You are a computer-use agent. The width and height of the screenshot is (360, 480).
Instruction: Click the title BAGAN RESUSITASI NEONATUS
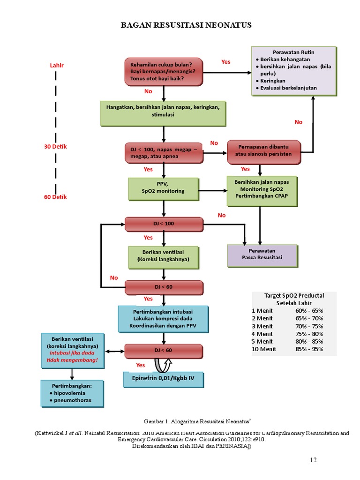coord(186,25)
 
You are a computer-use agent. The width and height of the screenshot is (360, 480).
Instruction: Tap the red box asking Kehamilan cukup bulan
coord(164,71)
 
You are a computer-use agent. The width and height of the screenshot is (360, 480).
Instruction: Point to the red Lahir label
coord(57,65)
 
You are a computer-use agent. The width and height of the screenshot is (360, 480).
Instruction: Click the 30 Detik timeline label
coord(55,147)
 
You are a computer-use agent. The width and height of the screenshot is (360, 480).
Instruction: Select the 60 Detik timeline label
coord(55,197)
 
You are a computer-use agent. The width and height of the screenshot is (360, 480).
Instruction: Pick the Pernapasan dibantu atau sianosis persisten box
coord(263,150)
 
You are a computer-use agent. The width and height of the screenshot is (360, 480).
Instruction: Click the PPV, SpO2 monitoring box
coord(163,187)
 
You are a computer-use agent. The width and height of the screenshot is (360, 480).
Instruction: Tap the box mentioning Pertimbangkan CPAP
coord(262,191)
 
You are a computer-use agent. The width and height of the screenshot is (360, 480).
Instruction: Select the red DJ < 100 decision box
coord(164,224)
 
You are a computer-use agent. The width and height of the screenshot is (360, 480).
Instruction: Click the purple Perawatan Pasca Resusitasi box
coord(262,254)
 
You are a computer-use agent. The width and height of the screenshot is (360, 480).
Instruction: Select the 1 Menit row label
coord(262,310)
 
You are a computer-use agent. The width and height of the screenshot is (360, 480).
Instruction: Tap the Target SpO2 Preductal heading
coord(294,299)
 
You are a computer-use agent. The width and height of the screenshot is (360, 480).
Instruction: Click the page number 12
coord(313,460)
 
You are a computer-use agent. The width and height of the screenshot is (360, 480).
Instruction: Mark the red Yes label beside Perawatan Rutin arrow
coord(226,62)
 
